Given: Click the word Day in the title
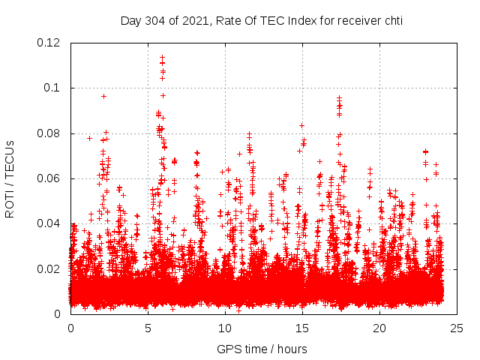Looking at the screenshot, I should point(130,20).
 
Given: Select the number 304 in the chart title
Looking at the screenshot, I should point(154,20).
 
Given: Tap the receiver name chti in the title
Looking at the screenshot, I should point(390,20).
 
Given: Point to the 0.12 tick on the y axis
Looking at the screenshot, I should point(50,43).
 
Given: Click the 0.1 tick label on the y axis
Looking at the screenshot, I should point(54,88).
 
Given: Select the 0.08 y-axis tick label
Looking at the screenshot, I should point(50,133).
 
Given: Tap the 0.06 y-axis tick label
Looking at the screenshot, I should point(50,178).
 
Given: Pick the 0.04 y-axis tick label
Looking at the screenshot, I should point(50,223).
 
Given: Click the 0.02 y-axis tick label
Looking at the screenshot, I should point(50,268).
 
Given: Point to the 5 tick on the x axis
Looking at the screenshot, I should point(148,328).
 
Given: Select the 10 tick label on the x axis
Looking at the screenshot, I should point(225,328).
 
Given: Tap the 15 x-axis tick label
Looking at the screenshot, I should point(302,328).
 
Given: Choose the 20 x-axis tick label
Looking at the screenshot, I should point(379,328).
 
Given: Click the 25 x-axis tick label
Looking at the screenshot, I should point(457,328).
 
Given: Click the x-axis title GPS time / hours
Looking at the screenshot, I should point(262,349).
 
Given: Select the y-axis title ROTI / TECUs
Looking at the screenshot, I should point(10,178).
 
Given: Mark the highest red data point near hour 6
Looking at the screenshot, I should point(162,56).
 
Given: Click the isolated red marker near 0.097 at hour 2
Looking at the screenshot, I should point(103,96).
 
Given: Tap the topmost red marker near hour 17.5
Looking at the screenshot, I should point(339,97).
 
